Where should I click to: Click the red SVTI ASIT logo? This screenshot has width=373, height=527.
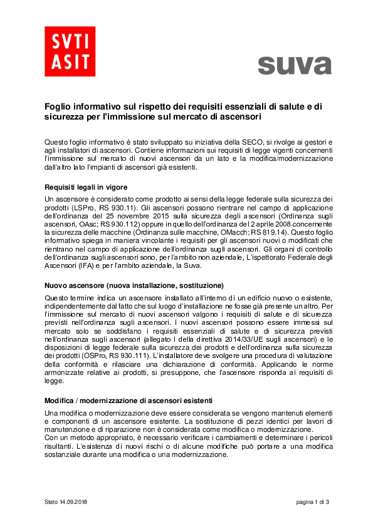click(x=70, y=51)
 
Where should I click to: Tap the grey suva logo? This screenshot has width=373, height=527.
click(x=294, y=64)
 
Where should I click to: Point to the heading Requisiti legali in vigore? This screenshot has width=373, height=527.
click(x=87, y=187)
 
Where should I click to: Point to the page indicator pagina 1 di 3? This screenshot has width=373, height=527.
click(x=313, y=503)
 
